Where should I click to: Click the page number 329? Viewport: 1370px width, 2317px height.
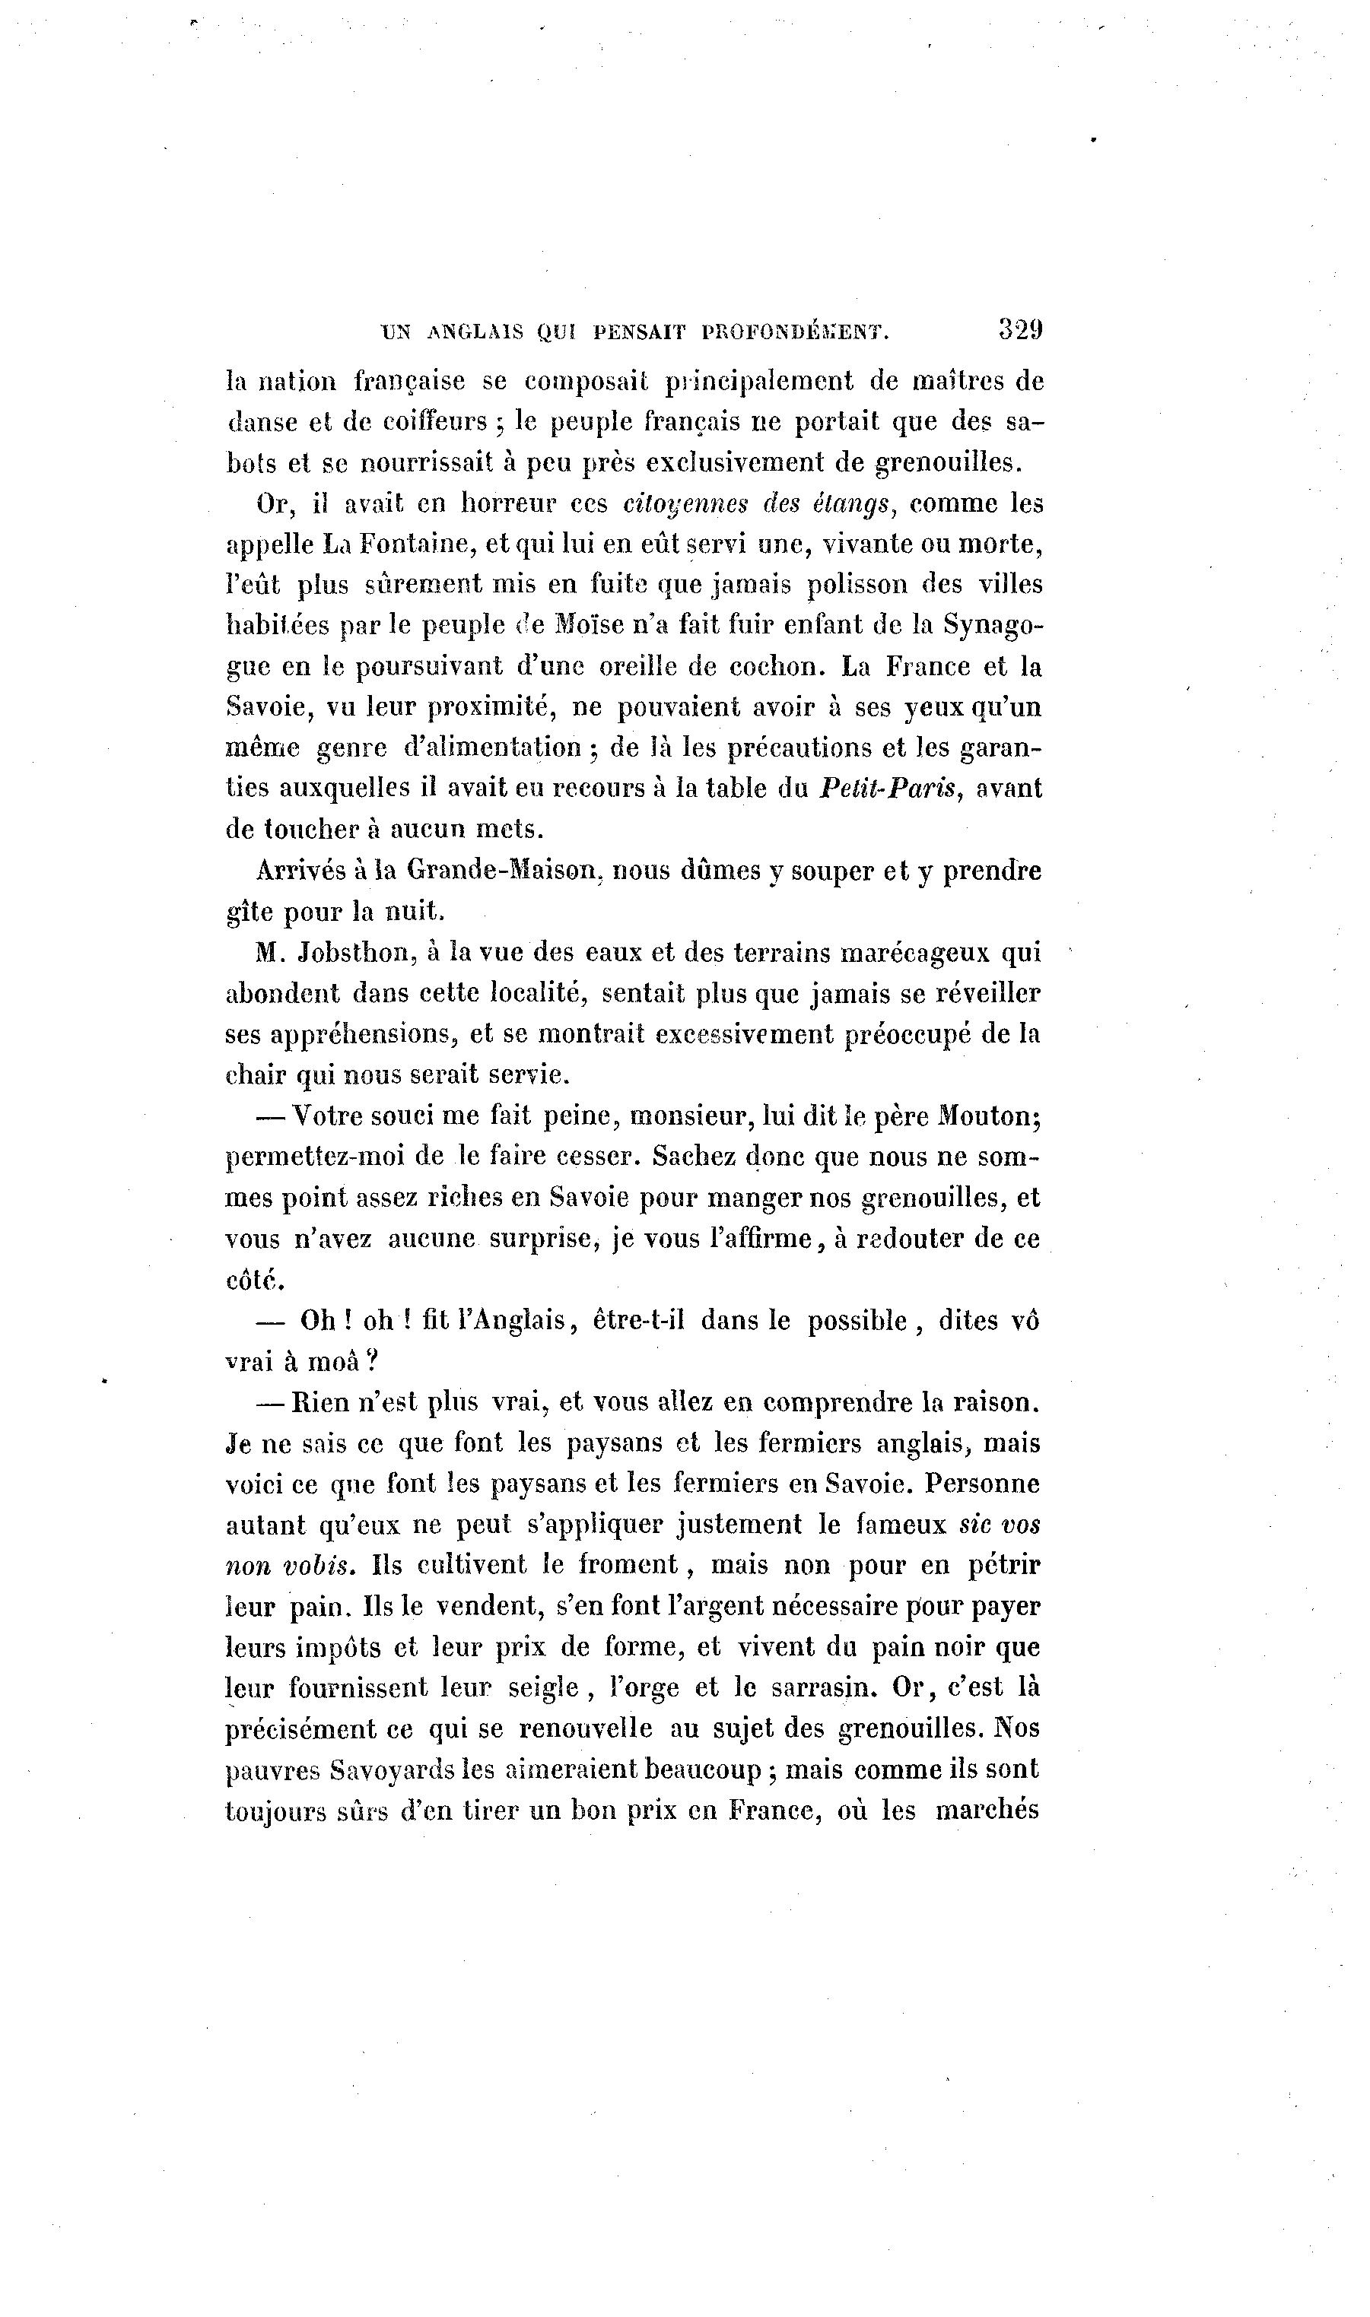pyautogui.click(x=1019, y=329)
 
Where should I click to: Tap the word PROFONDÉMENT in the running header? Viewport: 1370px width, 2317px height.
pyautogui.click(x=795, y=332)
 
